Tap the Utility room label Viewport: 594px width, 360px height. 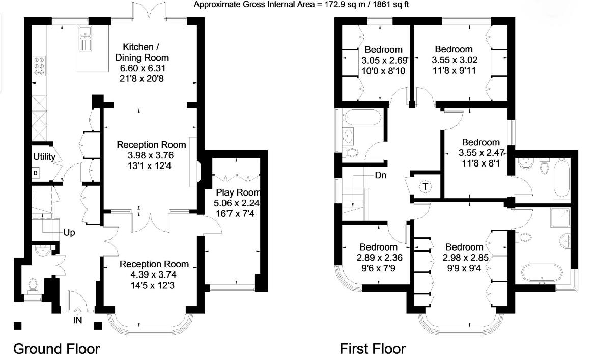point(44,156)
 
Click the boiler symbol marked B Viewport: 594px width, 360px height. point(36,173)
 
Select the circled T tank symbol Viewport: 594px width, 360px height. point(426,187)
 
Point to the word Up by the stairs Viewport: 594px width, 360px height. point(69,233)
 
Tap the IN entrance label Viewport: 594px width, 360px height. point(77,320)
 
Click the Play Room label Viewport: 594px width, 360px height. point(238,192)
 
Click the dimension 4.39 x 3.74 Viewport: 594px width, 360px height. point(154,275)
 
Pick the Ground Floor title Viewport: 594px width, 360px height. point(56,349)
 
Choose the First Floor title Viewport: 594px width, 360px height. point(373,349)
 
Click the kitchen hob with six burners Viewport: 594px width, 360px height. point(39,66)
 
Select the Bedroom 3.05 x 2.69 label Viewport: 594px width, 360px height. point(384,50)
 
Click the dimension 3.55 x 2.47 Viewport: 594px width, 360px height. point(480,152)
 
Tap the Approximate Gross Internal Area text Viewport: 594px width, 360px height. point(302,5)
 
